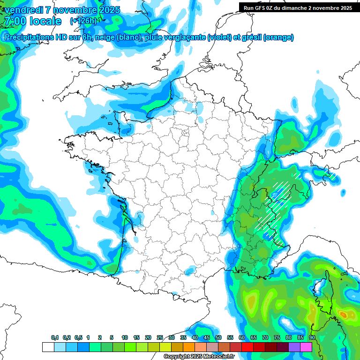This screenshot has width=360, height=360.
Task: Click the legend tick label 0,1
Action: (55, 338)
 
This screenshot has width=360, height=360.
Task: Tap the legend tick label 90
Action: (312, 338)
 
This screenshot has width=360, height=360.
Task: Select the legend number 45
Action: (207, 338)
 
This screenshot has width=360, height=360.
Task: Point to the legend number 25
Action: (160, 338)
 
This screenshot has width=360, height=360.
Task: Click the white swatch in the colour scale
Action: (48, 347)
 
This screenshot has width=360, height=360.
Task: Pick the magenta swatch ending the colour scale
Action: (306, 347)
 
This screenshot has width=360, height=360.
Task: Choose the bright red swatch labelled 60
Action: (247, 347)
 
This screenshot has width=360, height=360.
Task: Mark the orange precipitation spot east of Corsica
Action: (344, 314)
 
